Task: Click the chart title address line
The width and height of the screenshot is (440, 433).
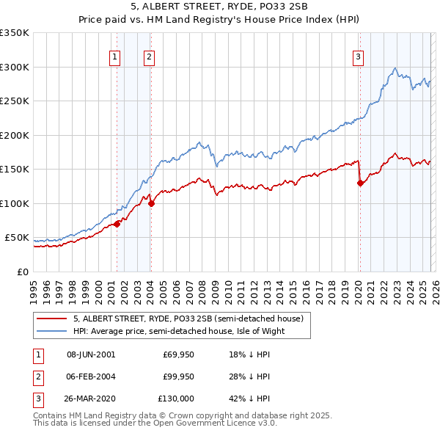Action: [220, 7]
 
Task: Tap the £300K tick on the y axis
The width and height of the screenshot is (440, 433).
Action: [15, 67]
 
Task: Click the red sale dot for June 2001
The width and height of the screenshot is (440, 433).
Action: [117, 224]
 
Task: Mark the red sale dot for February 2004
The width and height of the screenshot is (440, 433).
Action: [151, 203]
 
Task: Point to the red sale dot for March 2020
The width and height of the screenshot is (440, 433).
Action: [360, 183]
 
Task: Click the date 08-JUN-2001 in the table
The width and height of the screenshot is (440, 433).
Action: [91, 354]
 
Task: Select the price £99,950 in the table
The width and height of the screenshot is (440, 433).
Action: [178, 376]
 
